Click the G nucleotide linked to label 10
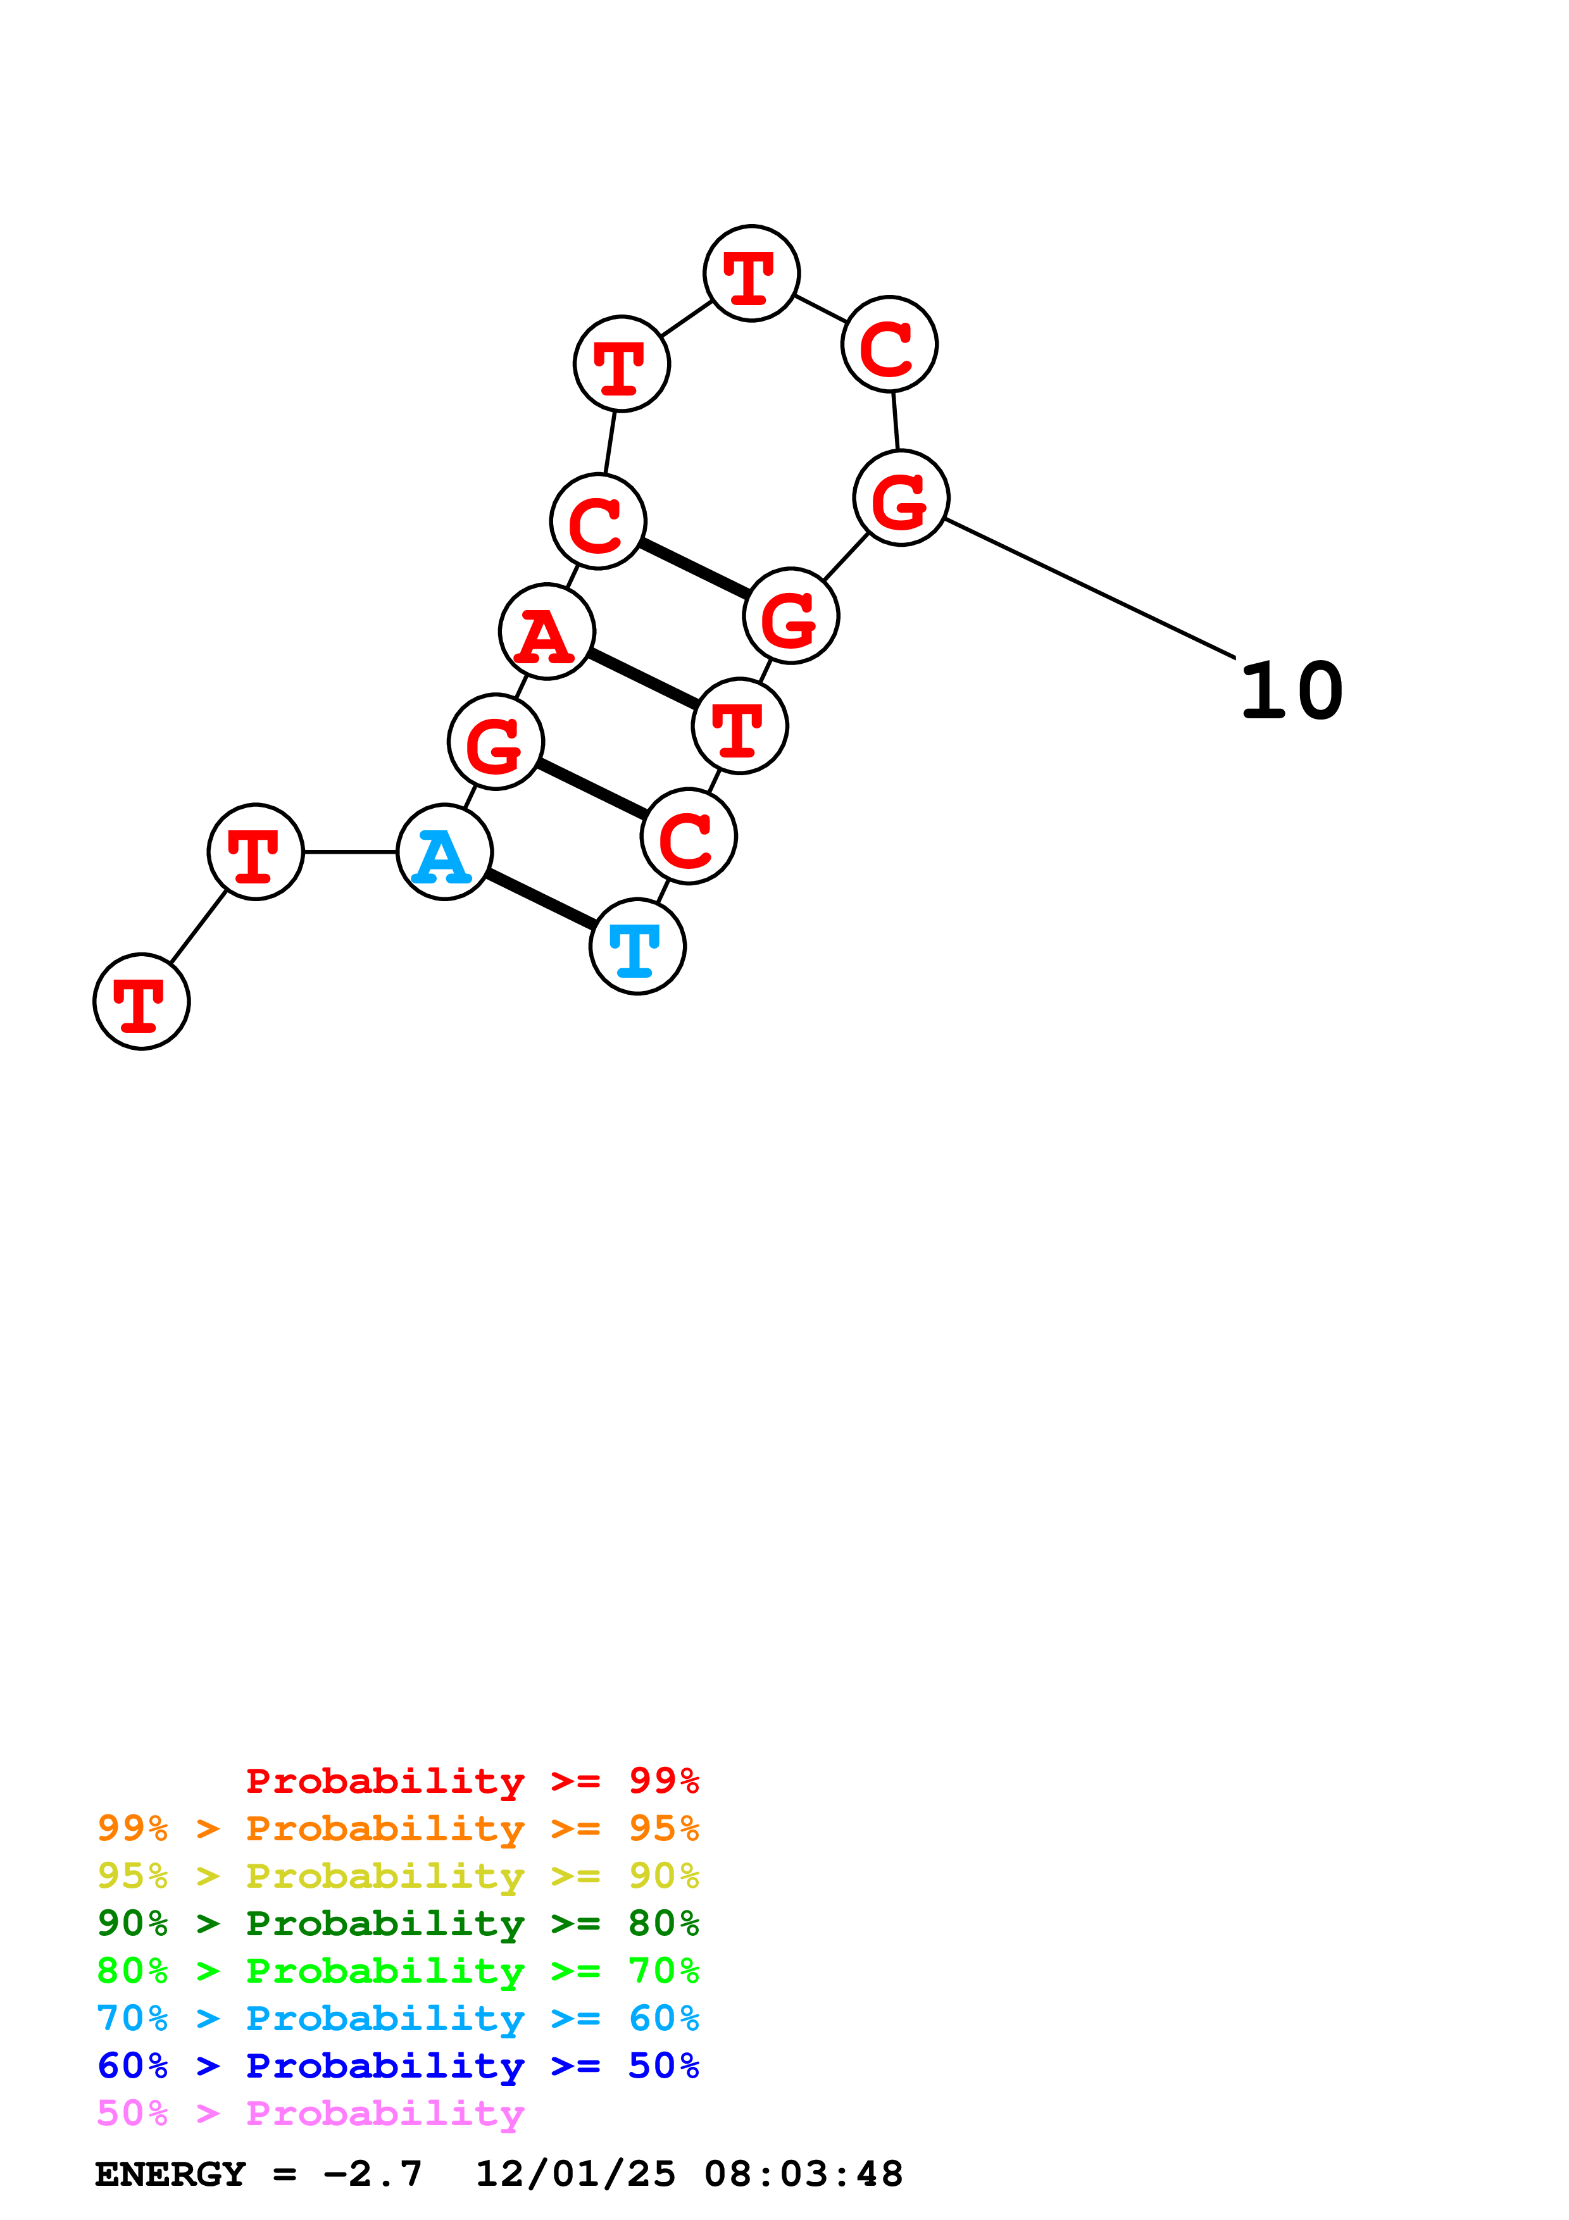click(901, 498)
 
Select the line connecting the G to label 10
click(1089, 589)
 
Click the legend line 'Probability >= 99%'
click(472, 1781)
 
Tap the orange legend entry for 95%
click(397, 1828)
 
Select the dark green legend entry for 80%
click(397, 1923)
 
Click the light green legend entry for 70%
click(397, 1971)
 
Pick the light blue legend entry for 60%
click(397, 2018)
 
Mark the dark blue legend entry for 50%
click(397, 2066)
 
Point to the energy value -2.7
click(372, 2174)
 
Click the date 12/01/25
click(575, 2174)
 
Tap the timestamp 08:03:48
click(803, 2174)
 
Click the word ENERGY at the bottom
click(170, 2174)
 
